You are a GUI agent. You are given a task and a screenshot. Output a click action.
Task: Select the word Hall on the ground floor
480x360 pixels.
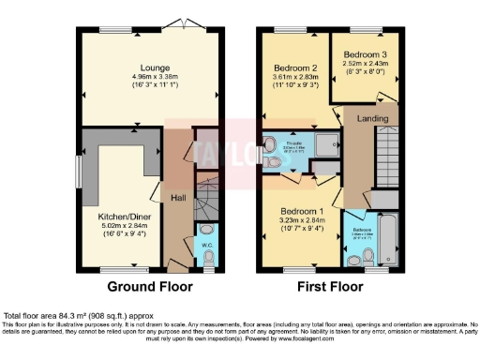[177, 198]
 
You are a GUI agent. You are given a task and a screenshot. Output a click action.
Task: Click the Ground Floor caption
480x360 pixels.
[150, 286]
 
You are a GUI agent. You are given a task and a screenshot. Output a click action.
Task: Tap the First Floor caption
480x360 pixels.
[329, 286]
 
